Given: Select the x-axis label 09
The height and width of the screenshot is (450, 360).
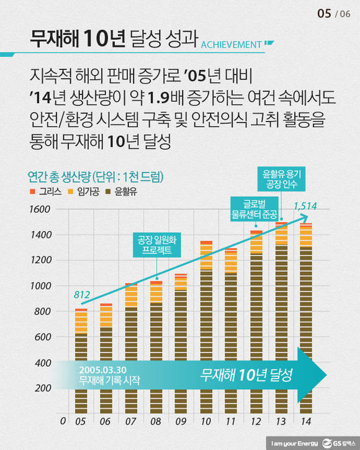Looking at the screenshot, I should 181,421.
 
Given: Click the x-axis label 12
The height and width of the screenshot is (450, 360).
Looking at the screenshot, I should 256,421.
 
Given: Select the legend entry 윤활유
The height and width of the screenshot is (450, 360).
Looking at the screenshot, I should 128,191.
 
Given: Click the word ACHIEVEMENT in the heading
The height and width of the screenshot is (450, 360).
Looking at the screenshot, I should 230,44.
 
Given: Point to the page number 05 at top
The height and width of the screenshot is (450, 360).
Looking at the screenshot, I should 323,13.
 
